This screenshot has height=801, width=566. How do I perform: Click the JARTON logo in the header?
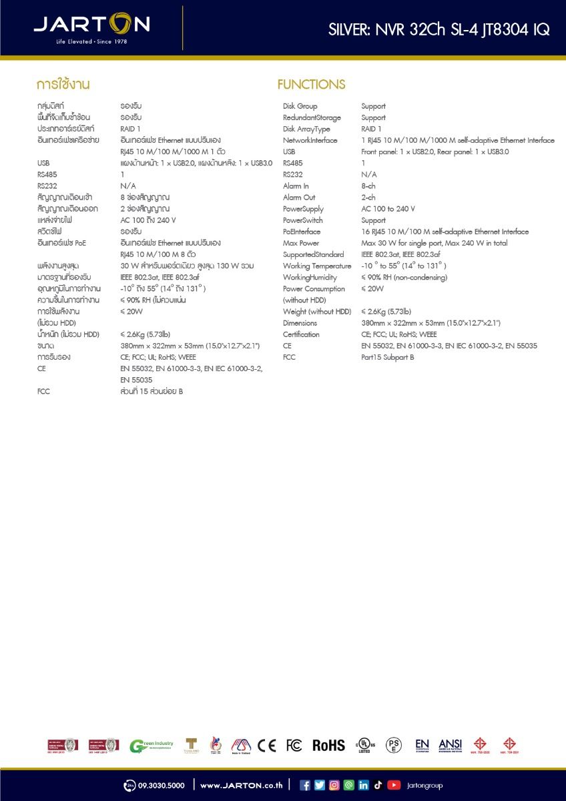[x=92, y=25]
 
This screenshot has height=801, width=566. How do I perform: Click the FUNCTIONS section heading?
[x=311, y=85]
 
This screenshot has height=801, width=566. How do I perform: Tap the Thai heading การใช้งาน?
[x=63, y=85]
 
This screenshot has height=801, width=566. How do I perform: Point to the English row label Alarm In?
[x=296, y=186]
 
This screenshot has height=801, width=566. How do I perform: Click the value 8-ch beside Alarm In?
[x=368, y=186]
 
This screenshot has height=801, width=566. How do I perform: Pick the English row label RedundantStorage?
[x=312, y=117]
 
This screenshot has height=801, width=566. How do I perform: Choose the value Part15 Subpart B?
[x=388, y=357]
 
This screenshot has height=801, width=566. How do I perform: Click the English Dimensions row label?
[x=300, y=323]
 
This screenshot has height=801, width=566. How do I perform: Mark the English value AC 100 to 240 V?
[x=388, y=209]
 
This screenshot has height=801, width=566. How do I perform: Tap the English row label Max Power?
[x=301, y=243]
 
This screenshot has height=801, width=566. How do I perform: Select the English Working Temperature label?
[x=317, y=266]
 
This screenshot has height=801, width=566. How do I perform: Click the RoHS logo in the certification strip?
[x=329, y=746]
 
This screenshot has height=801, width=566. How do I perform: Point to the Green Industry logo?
[x=152, y=746]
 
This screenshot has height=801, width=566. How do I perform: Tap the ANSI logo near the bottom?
[x=450, y=745]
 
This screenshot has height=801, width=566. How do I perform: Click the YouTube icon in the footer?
[x=394, y=785]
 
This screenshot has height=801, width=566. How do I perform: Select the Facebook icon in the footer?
[x=305, y=785]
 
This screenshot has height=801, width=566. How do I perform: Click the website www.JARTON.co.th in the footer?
[x=241, y=786]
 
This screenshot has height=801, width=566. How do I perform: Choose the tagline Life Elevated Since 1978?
[x=91, y=42]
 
